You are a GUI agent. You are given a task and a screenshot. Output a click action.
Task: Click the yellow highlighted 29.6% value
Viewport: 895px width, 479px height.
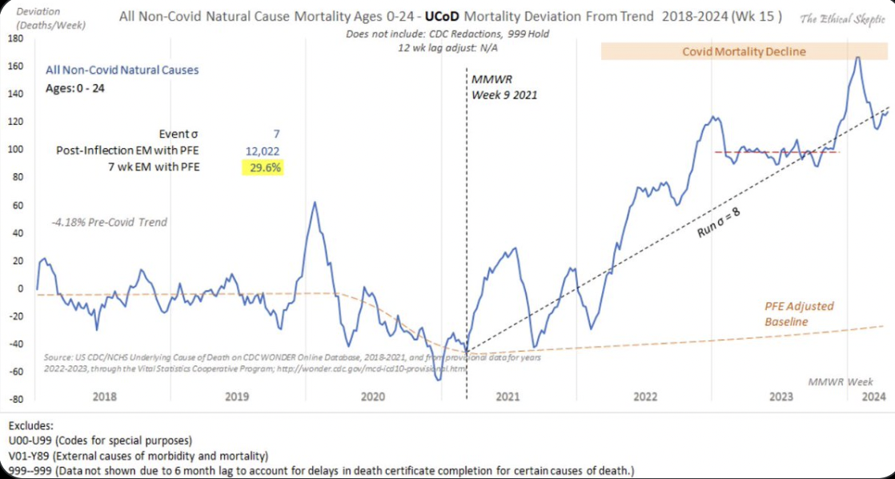[x=262, y=167]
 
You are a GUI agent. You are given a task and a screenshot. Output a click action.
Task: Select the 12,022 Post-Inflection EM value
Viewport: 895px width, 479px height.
[x=262, y=151]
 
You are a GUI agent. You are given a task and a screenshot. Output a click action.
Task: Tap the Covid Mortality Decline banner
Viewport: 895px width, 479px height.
[x=744, y=51]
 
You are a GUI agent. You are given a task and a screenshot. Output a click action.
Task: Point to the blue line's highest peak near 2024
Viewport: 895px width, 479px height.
[x=857, y=58]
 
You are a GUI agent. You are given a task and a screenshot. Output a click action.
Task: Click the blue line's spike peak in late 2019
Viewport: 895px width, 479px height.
[x=314, y=202]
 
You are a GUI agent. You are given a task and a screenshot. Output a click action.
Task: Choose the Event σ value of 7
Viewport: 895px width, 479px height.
[x=276, y=134]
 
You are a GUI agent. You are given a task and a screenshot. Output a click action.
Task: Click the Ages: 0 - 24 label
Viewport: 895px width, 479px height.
[x=74, y=88]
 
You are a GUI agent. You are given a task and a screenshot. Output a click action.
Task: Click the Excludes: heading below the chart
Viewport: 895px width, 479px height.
[x=33, y=426]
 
